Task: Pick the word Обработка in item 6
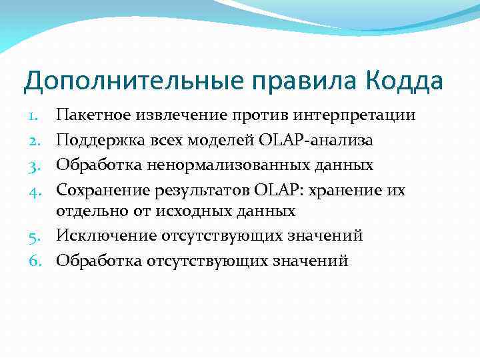(95, 261)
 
